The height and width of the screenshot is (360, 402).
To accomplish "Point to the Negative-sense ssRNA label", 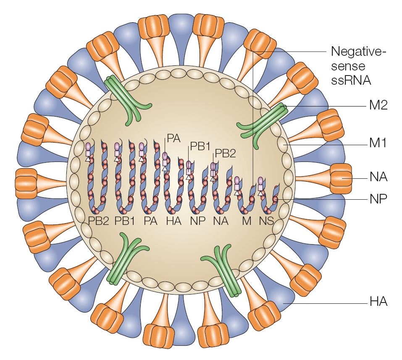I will click(357, 65).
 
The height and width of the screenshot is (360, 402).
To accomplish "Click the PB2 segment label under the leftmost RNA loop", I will click(99, 221).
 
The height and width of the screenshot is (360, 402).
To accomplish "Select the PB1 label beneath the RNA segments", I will click(124, 221).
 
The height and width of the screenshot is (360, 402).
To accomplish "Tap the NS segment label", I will click(266, 221).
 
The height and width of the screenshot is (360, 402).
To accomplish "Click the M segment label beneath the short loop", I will click(246, 221).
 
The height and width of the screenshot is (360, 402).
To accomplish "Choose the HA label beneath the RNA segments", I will click(173, 221).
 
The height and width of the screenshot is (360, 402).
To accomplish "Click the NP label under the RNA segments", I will click(197, 221).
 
